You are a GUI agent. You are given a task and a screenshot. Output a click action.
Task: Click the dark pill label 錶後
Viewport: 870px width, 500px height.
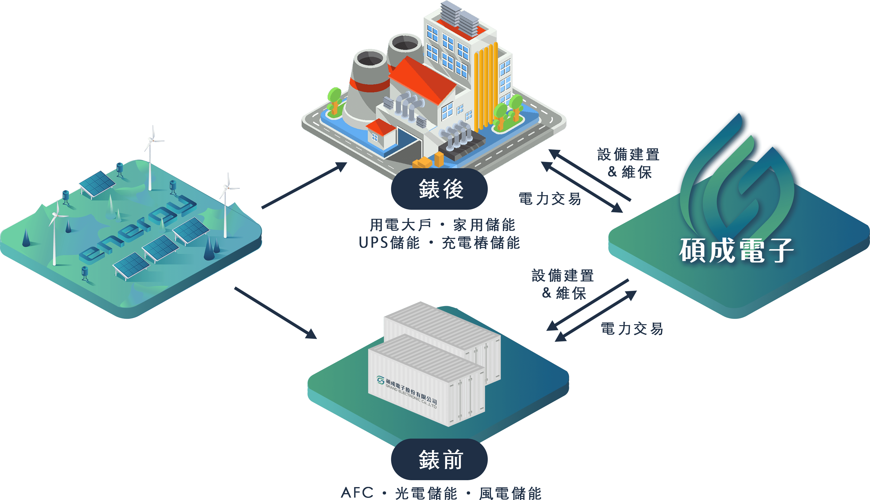439,189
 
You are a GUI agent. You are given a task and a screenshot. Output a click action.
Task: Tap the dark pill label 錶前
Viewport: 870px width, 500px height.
439,459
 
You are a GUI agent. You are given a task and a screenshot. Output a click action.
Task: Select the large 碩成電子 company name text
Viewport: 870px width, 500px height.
736,250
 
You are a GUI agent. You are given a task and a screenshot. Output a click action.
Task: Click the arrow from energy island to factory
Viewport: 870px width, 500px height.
304,185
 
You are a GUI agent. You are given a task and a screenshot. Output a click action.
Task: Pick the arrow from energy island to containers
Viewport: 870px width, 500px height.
276,313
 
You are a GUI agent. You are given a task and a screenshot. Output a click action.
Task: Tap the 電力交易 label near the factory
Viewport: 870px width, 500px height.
550,199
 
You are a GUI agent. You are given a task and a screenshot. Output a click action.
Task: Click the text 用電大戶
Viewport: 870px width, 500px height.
401,225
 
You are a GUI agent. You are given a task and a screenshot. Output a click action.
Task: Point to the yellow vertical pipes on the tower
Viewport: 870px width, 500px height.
486,86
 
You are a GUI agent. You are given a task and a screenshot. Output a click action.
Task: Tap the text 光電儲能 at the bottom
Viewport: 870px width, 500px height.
426,493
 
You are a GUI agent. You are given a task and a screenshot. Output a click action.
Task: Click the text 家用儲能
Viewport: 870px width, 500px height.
484,225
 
